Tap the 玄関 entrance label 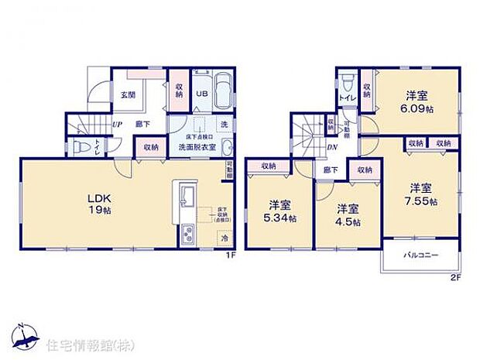pyautogui.click(x=127, y=96)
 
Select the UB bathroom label pyautogui.click(x=199, y=94)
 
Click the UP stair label pyautogui.click(x=116, y=124)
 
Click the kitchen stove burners pyautogui.click(x=187, y=232)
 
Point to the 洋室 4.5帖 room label pyautogui.click(x=348, y=214)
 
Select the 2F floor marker pyautogui.click(x=456, y=277)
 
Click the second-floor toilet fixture pyautogui.click(x=345, y=83)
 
